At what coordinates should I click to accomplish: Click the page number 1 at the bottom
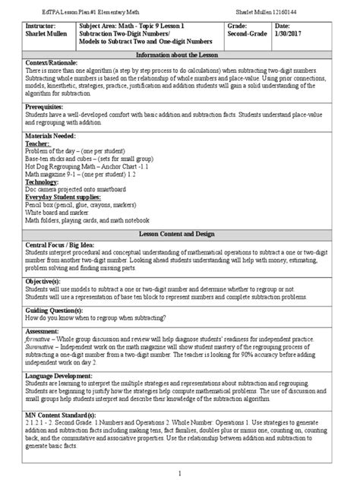[x=179, y=473]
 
